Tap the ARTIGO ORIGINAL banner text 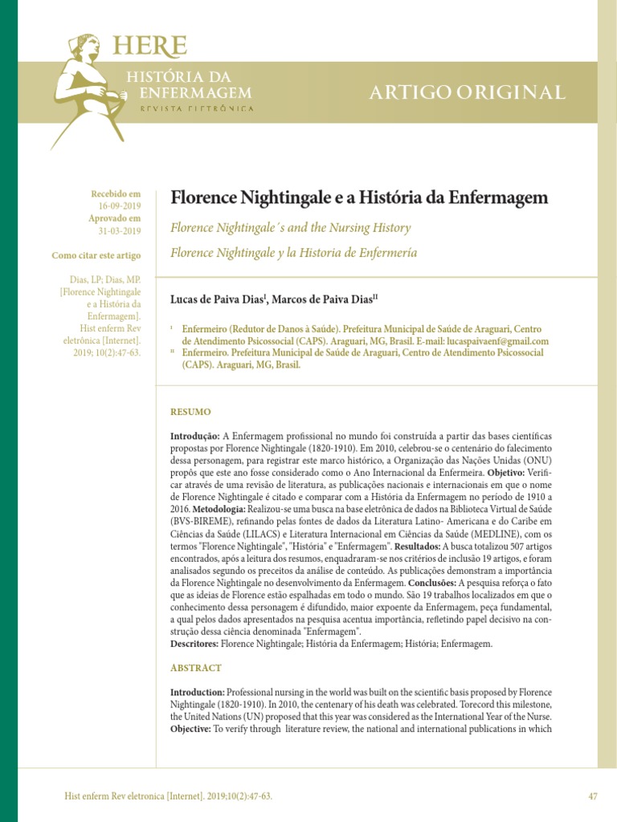pos(467,92)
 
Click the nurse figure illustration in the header pos(87,88)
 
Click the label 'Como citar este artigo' pos(96,256)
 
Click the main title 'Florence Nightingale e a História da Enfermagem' pos(359,197)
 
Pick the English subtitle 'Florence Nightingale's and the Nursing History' pos(291,228)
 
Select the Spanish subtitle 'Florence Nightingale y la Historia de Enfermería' pos(293,253)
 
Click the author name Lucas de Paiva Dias pos(218,299)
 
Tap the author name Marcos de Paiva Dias pos(322,299)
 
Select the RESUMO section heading pos(190,411)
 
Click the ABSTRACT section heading pos(195,668)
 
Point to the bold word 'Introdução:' pos(194,434)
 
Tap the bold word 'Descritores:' pos(194,644)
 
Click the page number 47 pos(593,796)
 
